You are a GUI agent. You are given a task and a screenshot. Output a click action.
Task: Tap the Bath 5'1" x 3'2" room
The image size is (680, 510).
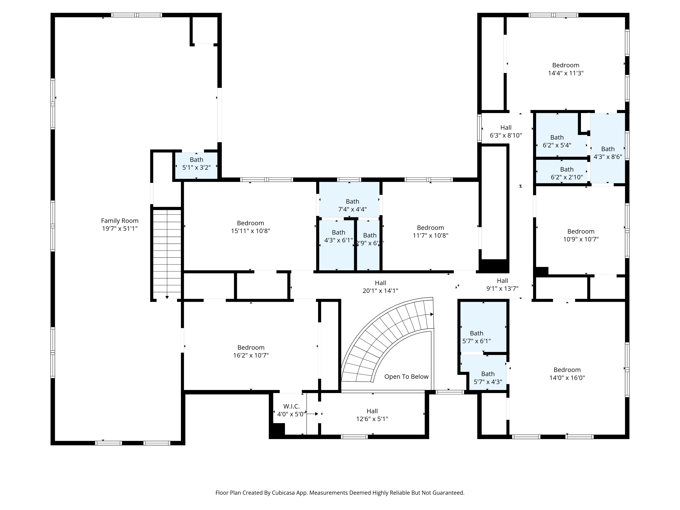coord(197,166)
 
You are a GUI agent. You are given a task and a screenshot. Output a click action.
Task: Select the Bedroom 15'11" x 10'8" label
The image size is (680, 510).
coord(251,227)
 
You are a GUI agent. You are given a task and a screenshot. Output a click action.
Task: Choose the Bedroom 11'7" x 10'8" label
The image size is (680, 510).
coord(430,232)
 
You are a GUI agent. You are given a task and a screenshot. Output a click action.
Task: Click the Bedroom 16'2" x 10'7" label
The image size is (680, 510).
coord(251,351)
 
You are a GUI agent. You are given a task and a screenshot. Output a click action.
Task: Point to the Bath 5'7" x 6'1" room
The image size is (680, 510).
coord(483,327)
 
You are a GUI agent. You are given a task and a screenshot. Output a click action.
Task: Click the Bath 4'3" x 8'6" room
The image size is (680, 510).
coord(608,148)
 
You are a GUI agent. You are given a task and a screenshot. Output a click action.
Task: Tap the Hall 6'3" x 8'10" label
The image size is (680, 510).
coord(506,131)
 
